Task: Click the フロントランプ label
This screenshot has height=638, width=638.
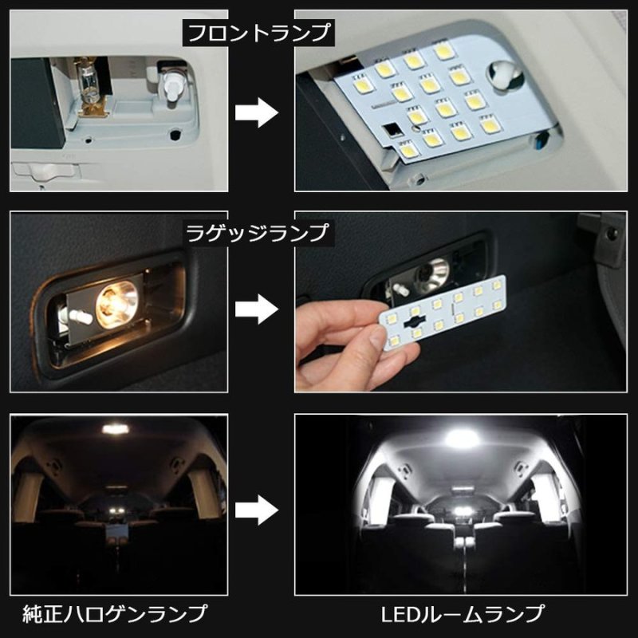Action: coord(258,34)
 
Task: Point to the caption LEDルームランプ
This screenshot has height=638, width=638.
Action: coord(462,614)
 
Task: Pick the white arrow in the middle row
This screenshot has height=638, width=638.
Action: coord(258,307)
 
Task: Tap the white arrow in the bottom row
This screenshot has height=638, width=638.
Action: coord(258,506)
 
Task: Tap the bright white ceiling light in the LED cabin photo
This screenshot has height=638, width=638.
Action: coord(461,438)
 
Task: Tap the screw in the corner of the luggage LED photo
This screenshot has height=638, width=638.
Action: coord(611,234)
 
